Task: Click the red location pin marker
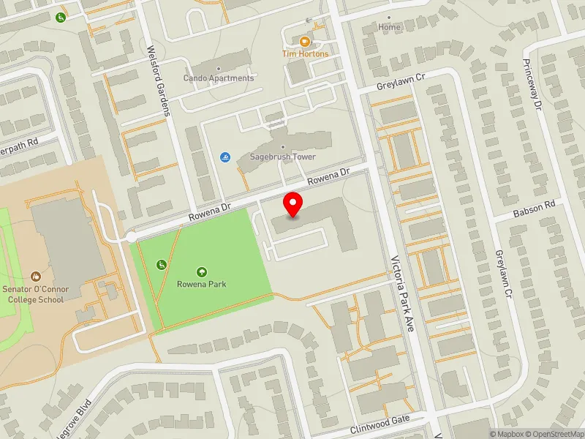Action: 293,204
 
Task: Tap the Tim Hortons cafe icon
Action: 305,41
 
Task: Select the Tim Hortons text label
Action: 305,53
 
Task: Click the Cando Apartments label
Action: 219,78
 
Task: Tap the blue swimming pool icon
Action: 224,157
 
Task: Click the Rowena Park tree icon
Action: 202,271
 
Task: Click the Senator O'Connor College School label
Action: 35,294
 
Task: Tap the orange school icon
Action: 35,277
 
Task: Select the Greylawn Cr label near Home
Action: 401,80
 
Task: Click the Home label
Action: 390,27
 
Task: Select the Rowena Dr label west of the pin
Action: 209,212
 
